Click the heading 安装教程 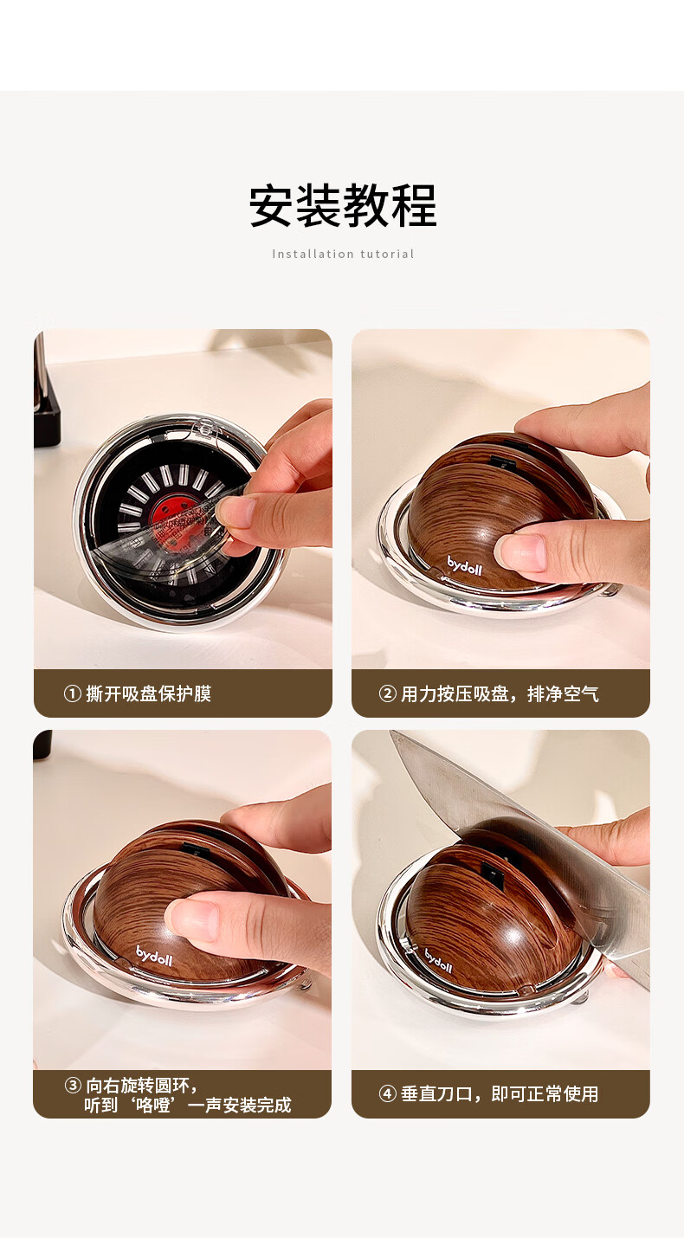point(342,205)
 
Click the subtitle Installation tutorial point(343,255)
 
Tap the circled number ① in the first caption point(73,693)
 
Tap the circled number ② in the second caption point(387,693)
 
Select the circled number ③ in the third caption point(73,1086)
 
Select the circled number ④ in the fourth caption point(387,1093)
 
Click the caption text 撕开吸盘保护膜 point(148,693)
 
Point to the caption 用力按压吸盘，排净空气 point(500,693)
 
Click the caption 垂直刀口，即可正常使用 point(500,1093)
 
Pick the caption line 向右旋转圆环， point(141,1086)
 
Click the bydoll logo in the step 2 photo point(464,565)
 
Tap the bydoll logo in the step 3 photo point(154,955)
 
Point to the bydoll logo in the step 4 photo point(438,961)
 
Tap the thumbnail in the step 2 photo point(519,552)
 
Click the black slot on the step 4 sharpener point(492,870)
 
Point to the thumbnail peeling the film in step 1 point(235,513)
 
